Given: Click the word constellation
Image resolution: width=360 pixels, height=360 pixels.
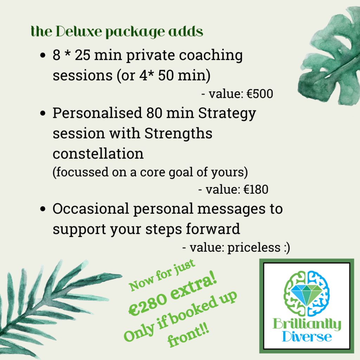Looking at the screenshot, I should pos(98,154).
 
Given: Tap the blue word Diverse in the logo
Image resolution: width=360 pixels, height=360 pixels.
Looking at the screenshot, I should pos(307,337).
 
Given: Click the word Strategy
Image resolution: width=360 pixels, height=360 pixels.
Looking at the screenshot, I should pos(227,114).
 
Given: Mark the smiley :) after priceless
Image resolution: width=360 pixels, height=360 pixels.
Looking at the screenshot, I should pos(286,248).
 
